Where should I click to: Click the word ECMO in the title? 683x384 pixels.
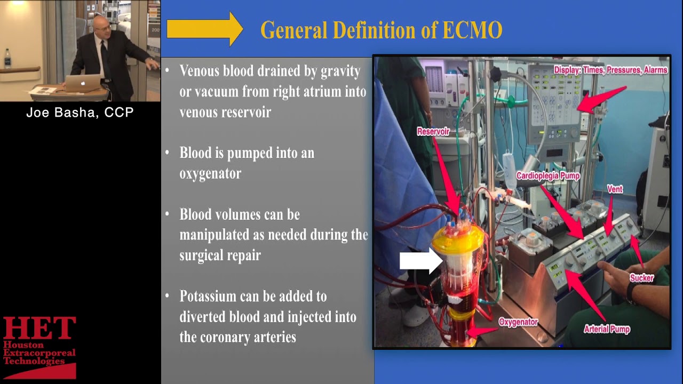click(x=472, y=30)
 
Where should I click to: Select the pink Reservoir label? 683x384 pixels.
click(x=433, y=131)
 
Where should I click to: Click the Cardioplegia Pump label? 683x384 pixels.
click(x=547, y=176)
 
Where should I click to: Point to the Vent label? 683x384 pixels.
click(x=615, y=189)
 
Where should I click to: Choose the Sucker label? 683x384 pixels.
click(x=641, y=277)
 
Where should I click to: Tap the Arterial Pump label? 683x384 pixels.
click(x=607, y=329)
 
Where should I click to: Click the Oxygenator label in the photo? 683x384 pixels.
click(x=518, y=322)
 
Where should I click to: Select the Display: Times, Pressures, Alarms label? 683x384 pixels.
click(x=610, y=70)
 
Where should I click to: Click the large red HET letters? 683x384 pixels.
click(x=39, y=329)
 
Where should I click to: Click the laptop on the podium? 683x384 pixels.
click(x=83, y=83)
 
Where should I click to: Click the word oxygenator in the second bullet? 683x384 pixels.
click(x=210, y=173)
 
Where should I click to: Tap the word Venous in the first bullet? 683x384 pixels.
click(x=201, y=71)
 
